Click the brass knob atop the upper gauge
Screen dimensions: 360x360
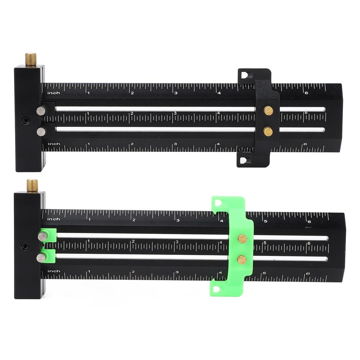[31, 59]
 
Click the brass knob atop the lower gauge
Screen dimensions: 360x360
[32, 185]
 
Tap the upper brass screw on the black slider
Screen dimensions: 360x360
[268, 111]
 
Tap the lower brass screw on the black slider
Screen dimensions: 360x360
[268, 131]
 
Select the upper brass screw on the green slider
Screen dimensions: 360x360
[242, 239]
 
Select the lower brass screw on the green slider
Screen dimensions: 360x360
[242, 259]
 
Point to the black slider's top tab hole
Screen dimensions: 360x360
[245, 75]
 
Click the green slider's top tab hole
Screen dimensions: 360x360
[218, 203]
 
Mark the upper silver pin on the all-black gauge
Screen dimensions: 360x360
[41, 110]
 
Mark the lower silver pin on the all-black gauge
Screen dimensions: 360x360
[41, 131]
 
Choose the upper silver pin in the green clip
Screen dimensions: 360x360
[43, 236]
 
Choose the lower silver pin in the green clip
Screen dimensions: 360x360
[41, 258]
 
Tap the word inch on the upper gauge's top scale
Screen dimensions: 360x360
[53, 93]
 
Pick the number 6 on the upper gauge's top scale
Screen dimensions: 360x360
[306, 93]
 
